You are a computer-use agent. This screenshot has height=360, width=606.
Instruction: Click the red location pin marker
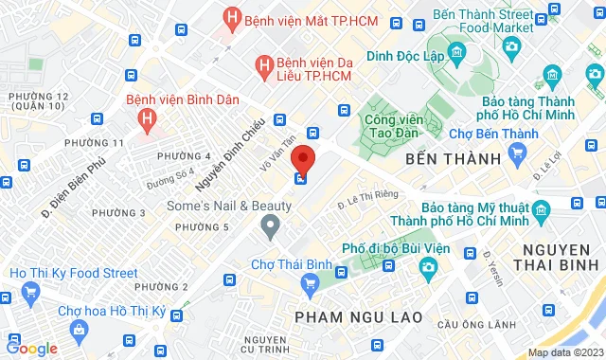point(301,157)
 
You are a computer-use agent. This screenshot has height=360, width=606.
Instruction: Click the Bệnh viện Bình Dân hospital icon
point(146,118)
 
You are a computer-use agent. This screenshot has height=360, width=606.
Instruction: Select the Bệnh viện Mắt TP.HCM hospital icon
point(230,17)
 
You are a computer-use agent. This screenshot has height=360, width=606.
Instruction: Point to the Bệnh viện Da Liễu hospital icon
point(266,64)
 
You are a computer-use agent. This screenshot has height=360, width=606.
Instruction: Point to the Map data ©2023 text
point(563,352)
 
